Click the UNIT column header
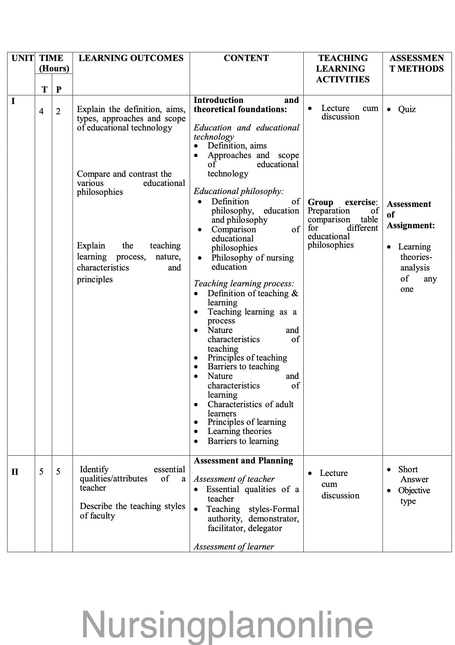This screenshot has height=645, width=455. (22, 58)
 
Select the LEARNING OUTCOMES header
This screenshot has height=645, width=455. (131, 58)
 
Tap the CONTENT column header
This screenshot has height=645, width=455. (246, 58)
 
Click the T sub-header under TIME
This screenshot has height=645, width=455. (44, 89)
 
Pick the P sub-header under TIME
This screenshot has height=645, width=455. (59, 89)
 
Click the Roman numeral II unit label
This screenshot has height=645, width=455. (15, 472)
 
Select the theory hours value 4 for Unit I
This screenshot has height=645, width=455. (41, 111)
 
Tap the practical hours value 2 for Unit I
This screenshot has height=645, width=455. (58, 111)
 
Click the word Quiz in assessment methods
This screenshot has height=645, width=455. (407, 109)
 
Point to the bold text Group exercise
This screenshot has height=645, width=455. (342, 202)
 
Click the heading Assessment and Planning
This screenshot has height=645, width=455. (243, 461)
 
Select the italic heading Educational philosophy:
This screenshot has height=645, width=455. (239, 191)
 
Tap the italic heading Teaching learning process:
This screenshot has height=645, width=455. (244, 283)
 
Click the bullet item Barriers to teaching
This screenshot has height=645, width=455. (243, 366)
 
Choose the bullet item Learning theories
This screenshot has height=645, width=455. (239, 431)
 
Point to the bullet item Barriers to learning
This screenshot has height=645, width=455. (243, 441)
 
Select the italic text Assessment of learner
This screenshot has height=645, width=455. (234, 547)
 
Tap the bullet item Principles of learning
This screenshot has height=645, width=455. (246, 422)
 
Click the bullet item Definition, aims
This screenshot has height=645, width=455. (237, 146)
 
